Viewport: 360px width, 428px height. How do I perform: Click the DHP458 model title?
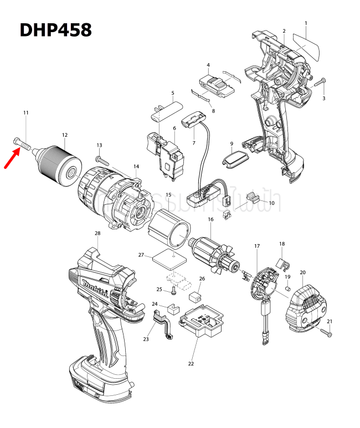point(55,29)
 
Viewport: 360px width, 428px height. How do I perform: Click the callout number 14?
point(136,166)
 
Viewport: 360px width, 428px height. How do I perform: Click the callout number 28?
point(97,233)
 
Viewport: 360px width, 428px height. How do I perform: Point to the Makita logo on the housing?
point(95,288)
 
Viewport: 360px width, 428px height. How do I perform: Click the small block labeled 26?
point(196,296)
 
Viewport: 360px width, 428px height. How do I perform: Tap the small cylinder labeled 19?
point(288,288)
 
